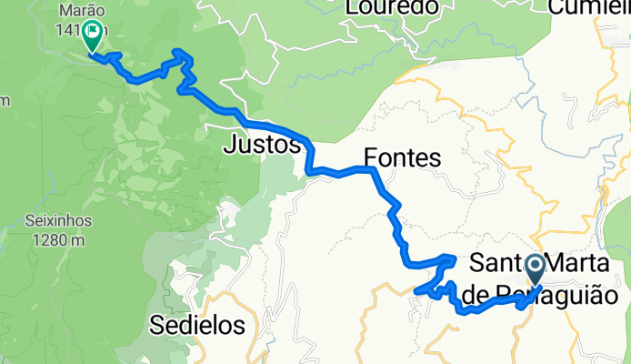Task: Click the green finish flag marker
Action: [93, 37]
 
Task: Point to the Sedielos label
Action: [198, 325]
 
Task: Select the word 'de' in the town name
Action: [474, 295]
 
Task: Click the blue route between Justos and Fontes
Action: [341, 171]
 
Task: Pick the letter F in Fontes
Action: [370, 158]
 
